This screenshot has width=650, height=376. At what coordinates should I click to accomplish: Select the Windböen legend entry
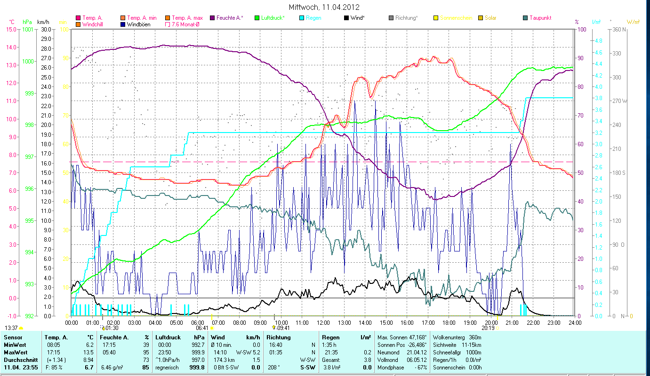pos(138,24)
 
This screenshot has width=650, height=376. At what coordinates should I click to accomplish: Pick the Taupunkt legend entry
pos(540,18)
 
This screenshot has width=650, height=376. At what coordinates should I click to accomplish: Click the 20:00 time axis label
pos(491,323)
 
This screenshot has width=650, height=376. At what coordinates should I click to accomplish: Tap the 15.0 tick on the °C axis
pos(11,29)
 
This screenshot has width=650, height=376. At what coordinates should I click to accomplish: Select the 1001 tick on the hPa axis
pos(28,29)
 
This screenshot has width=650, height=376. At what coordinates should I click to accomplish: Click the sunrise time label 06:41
pos(202,328)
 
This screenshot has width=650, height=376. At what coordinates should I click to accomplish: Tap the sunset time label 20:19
pos(488,328)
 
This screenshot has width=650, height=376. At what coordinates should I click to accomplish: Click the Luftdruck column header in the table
pos(168,337)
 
